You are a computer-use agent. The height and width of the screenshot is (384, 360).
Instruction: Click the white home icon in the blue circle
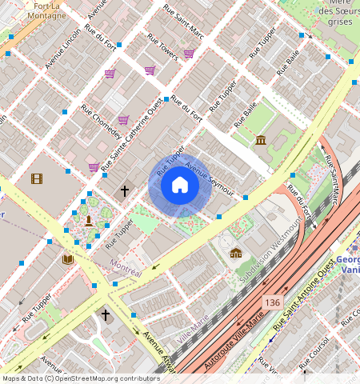[x=180, y=186]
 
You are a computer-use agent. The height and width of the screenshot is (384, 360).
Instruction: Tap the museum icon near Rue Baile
[x=261, y=142]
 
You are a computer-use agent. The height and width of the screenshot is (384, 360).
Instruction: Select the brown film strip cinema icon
[x=36, y=178]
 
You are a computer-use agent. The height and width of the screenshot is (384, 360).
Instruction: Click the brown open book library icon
[x=68, y=259]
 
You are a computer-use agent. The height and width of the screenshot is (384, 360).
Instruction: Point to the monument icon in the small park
[x=88, y=221]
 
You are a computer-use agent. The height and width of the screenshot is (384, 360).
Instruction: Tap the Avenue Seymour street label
[x=209, y=178]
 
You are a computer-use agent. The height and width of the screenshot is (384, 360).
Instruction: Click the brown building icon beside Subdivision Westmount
[x=235, y=253]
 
